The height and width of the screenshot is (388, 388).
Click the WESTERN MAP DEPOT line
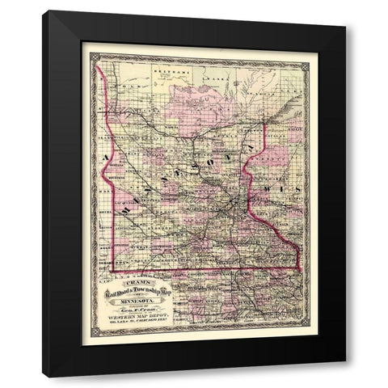[132, 317]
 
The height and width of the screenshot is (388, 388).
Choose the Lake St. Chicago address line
[132, 323]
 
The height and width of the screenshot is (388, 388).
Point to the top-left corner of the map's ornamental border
[90, 53]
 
